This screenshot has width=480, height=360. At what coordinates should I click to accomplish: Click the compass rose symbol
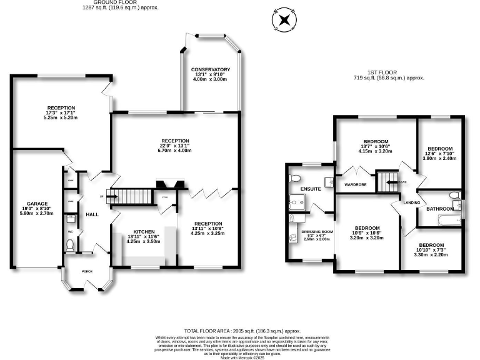284,19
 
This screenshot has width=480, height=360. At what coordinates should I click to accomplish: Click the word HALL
92,214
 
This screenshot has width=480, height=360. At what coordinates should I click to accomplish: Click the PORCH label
87,272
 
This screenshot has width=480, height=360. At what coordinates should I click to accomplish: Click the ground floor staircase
131,197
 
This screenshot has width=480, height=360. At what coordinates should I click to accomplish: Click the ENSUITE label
310,188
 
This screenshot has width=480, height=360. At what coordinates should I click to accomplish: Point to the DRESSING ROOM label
316,231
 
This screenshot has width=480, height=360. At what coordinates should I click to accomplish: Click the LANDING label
412,202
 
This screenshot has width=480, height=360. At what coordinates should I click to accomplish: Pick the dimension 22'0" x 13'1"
175,146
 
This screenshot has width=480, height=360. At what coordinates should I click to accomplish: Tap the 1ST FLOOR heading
389,73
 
